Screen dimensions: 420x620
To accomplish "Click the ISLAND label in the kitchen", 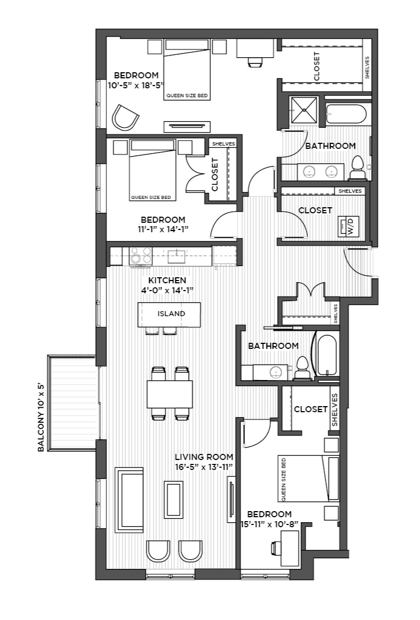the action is point(171,313).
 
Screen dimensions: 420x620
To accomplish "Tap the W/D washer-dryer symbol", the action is point(348,227).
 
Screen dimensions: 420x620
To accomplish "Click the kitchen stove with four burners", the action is point(141,255).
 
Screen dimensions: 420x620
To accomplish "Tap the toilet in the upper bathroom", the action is point(357,168).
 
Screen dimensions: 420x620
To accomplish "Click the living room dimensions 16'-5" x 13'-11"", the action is point(204,467).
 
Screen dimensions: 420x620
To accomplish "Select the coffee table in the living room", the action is point(174,499).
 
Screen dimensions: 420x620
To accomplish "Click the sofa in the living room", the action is point(129,500).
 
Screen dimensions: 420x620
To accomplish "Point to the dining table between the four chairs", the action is point(170,394).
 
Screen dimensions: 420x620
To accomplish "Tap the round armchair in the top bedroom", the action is point(125,117).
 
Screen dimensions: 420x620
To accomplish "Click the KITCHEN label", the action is point(167,281).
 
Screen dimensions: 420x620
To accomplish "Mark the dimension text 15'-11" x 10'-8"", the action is point(269,524).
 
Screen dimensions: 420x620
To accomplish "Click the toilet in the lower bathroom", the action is point(302,368).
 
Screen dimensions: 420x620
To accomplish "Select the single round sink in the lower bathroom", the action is point(275,372).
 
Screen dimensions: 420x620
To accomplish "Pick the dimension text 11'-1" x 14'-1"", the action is point(163,229).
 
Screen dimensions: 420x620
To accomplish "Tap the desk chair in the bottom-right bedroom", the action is point(276,548).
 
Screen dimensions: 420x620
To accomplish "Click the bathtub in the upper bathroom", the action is point(347,113).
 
